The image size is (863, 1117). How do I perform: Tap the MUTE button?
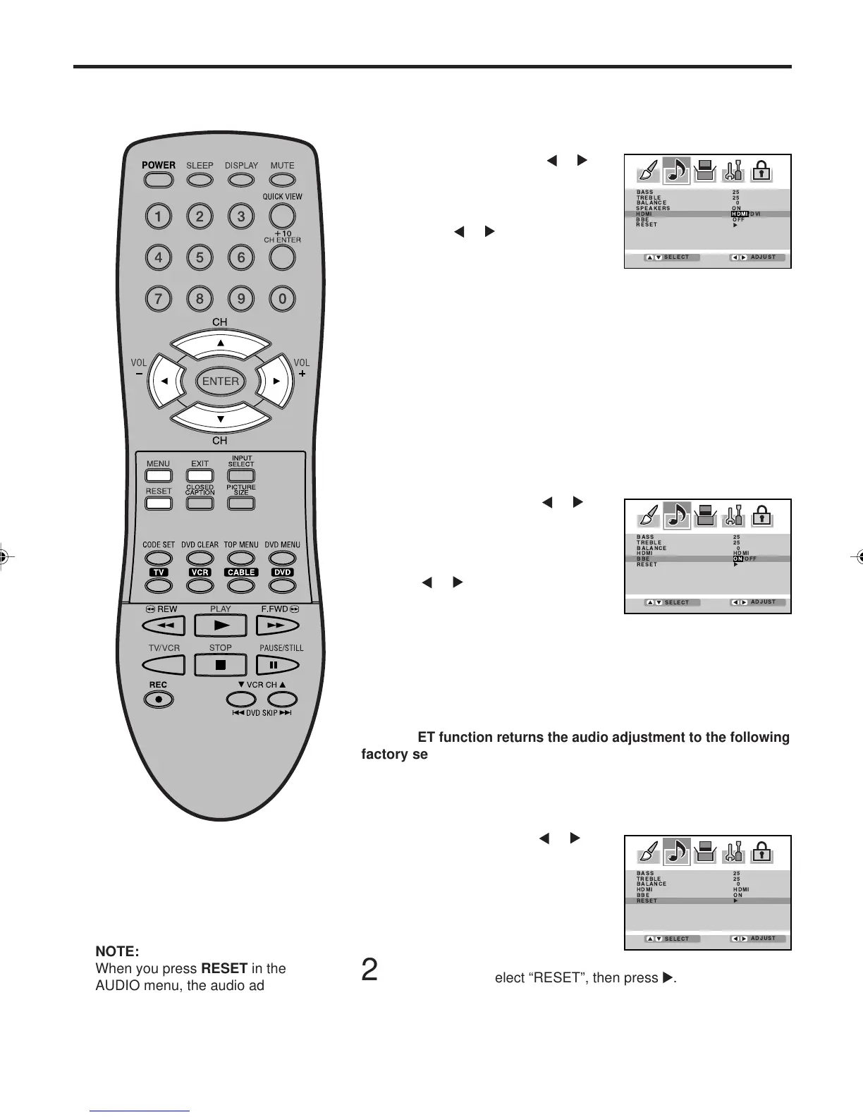[x=282, y=179]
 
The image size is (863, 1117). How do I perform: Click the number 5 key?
[x=200, y=257]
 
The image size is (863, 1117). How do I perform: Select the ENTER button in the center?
[x=220, y=381]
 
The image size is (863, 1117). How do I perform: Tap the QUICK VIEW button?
[x=282, y=215]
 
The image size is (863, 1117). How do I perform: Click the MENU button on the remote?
[x=159, y=476]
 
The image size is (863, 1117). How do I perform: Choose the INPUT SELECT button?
[x=241, y=476]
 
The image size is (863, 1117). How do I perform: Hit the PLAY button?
[x=221, y=625]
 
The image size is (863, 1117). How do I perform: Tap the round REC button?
[x=159, y=699]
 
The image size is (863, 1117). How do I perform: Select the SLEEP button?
[x=200, y=179]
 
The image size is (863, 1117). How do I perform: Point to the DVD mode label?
[x=283, y=573]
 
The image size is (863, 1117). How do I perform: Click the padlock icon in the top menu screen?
[x=761, y=172]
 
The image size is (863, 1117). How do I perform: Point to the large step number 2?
[x=369, y=971]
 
